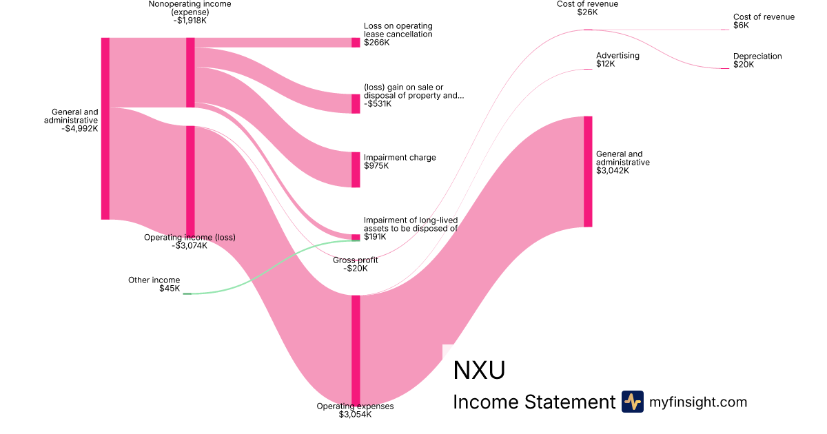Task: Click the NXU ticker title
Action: pyautogui.click(x=479, y=371)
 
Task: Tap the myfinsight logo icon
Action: pyautogui.click(x=632, y=402)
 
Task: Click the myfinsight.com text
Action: pyautogui.click(x=698, y=402)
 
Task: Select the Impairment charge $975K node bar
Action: pyautogui.click(x=356, y=169)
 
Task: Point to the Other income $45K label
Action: pyautogui.click(x=154, y=285)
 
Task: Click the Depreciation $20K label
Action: pyautogui.click(x=757, y=61)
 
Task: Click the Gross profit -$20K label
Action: pyautogui.click(x=355, y=265)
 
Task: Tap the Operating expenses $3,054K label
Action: pyautogui.click(x=355, y=411)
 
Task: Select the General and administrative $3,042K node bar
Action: pyautogui.click(x=588, y=172)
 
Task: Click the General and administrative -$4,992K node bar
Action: pyautogui.click(x=105, y=129)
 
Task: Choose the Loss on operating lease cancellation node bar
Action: pyautogui.click(x=356, y=43)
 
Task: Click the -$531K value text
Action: pyautogui.click(x=378, y=104)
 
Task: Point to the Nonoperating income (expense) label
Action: pyautogui.click(x=190, y=12)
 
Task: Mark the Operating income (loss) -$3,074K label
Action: pyautogui.click(x=190, y=241)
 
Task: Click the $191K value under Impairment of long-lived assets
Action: pyautogui.click(x=376, y=237)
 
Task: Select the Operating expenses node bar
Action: pyautogui.click(x=356, y=349)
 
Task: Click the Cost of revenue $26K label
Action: pyautogui.click(x=587, y=8)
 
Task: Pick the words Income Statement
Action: pyautogui.click(x=533, y=402)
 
